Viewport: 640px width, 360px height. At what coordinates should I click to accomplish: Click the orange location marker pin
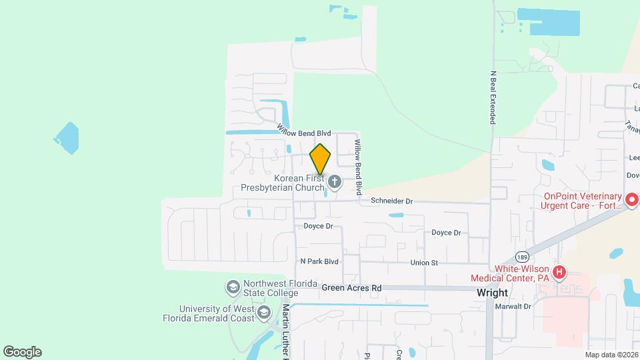pyautogui.click(x=321, y=159)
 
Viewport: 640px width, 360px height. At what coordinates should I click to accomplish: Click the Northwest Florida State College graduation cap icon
pyautogui.click(x=233, y=287)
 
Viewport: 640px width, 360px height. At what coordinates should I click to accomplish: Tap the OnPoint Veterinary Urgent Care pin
pyautogui.click(x=632, y=199)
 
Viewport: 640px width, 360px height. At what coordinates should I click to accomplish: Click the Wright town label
pyautogui.click(x=493, y=293)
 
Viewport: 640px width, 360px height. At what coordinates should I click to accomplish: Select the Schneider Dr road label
pyautogui.click(x=392, y=201)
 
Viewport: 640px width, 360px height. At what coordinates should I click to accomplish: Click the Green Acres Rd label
pyautogui.click(x=351, y=288)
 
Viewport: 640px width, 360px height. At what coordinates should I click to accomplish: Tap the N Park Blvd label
pyautogui.click(x=319, y=262)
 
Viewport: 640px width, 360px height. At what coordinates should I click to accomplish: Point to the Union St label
pyautogui.click(x=424, y=263)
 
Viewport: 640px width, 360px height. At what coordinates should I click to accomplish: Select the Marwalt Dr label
pyautogui.click(x=513, y=307)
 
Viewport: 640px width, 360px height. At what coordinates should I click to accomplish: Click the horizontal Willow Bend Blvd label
pyautogui.click(x=304, y=133)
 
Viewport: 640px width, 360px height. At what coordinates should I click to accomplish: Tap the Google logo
pyautogui.click(x=22, y=352)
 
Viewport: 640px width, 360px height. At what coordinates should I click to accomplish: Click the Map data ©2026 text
pyautogui.click(x=611, y=355)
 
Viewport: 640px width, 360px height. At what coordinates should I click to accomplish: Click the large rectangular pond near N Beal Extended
pyautogui.click(x=548, y=22)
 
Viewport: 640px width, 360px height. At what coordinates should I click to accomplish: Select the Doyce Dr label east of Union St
pyautogui.click(x=446, y=233)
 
